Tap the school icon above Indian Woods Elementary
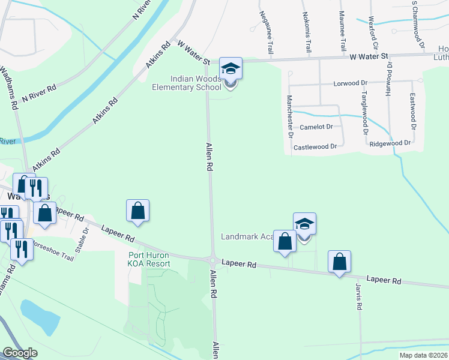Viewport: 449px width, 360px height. coord(231,68)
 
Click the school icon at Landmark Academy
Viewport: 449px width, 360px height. coord(304,224)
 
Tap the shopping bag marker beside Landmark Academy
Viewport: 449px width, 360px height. coord(285,241)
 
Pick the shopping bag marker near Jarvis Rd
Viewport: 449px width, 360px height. coord(339,262)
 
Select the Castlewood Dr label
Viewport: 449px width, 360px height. coord(319,146)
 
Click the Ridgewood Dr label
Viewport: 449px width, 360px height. coord(390,143)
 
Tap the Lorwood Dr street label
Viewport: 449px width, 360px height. coord(351,84)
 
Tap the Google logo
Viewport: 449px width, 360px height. coord(20,353)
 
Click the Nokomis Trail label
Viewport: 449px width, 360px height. coord(306,31)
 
